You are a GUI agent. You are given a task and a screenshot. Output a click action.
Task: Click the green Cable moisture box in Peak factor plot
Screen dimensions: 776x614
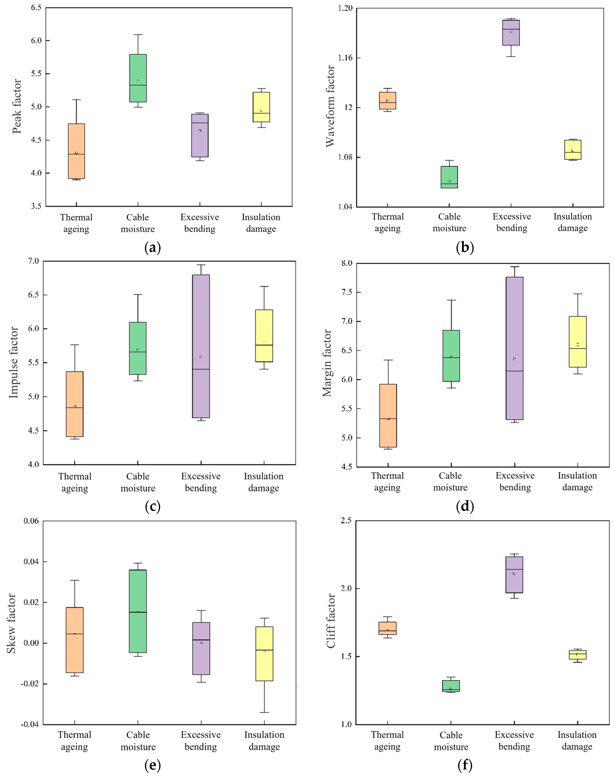[138, 78]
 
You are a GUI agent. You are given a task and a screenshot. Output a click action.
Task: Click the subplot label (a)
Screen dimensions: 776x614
[152, 248]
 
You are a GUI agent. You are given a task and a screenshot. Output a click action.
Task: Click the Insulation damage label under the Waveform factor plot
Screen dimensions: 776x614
[573, 222]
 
